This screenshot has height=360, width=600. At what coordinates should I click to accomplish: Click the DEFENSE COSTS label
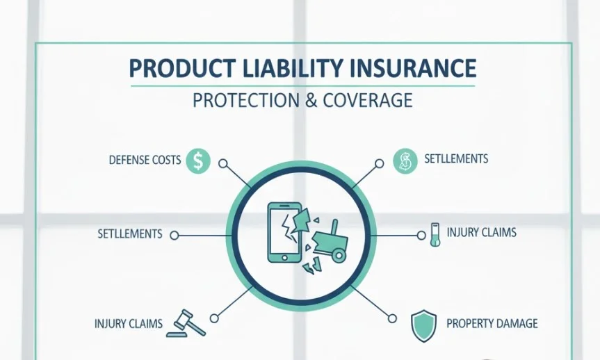145,161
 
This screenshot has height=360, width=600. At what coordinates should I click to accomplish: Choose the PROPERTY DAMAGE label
492,323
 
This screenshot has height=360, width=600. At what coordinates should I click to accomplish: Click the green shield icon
422,324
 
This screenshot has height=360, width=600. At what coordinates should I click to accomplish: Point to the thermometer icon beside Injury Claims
435,234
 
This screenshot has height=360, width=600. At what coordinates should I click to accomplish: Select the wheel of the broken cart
338,256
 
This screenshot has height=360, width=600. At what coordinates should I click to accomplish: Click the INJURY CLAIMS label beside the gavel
128,324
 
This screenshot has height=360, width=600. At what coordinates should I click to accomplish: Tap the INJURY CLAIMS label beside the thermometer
481,231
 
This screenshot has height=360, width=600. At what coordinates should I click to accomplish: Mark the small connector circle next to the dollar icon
222,163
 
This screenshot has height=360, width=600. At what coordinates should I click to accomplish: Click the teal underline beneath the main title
302,85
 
